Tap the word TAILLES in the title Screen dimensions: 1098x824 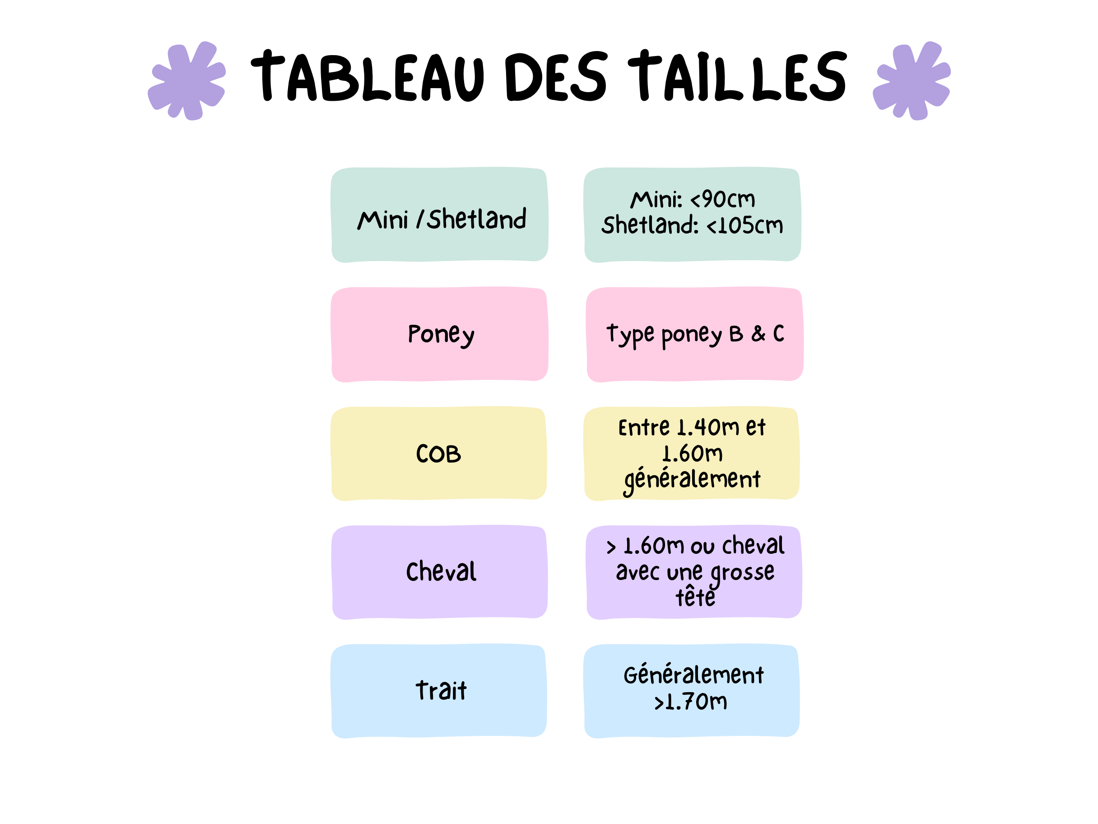(737, 75)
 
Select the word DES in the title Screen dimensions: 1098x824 (556, 76)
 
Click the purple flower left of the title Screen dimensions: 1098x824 (186, 80)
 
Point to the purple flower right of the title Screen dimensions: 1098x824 (912, 80)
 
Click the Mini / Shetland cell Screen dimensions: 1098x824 (440, 215)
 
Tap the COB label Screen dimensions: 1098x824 (438, 454)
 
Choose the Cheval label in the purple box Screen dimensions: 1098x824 (441, 571)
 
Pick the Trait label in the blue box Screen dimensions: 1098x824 (441, 690)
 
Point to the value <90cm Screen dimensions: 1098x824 (723, 199)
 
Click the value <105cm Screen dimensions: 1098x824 (744, 225)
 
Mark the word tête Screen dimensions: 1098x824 (695, 596)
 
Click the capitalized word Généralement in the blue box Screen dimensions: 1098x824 (693, 674)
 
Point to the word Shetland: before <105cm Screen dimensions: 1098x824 (650, 225)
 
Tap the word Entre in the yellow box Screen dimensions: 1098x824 (644, 428)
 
